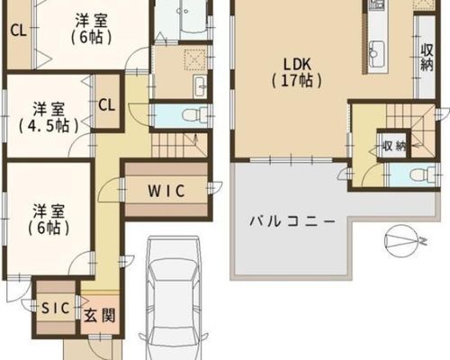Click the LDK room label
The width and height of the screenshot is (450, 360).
point(297,64)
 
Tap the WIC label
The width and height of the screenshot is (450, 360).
point(166,191)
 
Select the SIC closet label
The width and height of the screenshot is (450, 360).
point(56,308)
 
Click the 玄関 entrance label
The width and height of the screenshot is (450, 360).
point(99,316)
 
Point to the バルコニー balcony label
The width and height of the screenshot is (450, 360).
point(292,222)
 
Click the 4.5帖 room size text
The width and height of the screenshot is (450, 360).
point(49,126)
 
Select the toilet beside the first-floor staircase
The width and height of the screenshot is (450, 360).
point(195,115)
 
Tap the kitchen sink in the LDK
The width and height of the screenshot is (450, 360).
point(377,53)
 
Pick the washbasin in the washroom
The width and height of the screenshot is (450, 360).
point(200,86)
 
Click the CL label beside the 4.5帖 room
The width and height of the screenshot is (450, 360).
point(107,105)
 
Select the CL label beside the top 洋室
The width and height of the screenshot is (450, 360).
point(19,31)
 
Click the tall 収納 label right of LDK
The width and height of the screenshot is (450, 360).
point(427,58)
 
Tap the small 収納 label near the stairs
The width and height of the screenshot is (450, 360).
point(394,147)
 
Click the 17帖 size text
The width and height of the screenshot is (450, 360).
point(297,81)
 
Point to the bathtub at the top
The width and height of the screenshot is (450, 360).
point(193,20)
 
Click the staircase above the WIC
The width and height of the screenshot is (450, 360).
point(179,145)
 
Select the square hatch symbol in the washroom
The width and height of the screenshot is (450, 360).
point(194,59)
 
